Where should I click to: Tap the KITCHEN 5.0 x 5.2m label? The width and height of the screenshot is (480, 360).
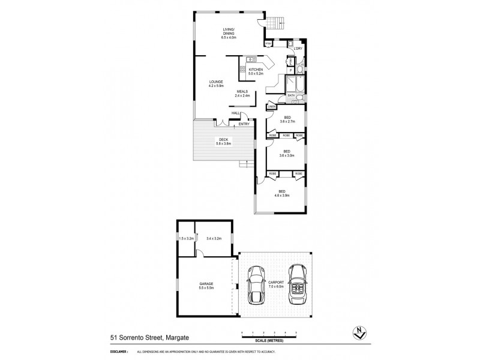pyautogui.click(x=256, y=71)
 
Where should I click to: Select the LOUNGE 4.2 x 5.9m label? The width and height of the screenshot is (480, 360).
pyautogui.click(x=216, y=83)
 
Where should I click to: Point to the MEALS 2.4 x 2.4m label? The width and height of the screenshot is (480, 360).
pyautogui.click(x=242, y=94)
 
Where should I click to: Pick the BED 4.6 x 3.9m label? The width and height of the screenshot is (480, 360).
pyautogui.click(x=281, y=193)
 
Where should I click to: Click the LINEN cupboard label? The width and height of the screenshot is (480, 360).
pyautogui.click(x=271, y=107)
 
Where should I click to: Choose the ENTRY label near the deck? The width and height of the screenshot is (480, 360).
pyautogui.click(x=244, y=124)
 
